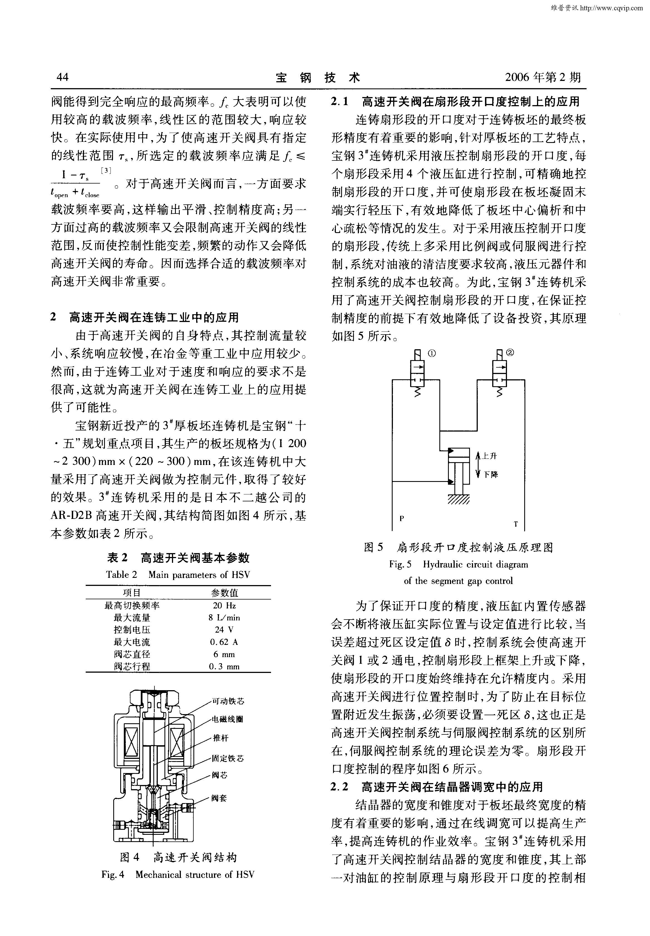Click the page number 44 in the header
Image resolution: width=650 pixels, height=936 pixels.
(63, 77)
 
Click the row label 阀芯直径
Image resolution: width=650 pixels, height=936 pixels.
(132, 654)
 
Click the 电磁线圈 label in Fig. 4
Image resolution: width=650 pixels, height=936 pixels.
(227, 719)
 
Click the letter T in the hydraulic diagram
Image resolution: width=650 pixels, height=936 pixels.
(516, 524)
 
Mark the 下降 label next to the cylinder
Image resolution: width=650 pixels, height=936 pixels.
(491, 474)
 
